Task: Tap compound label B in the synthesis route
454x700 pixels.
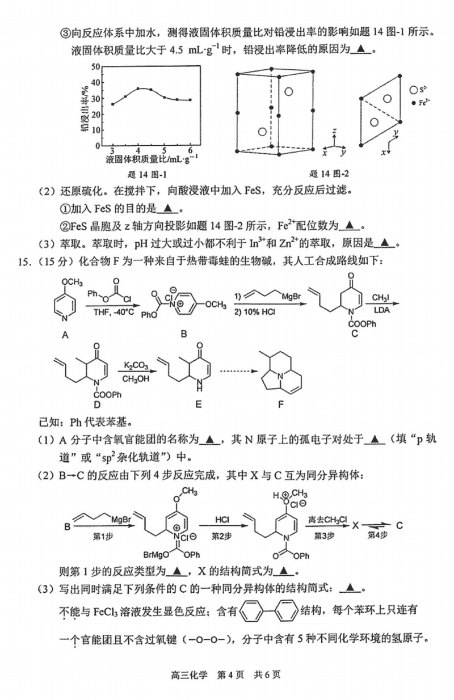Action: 183,335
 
